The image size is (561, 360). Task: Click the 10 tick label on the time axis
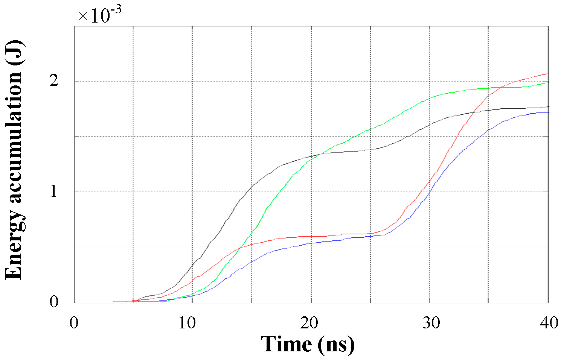click(x=187, y=323)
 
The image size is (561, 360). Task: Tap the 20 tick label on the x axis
click(x=309, y=323)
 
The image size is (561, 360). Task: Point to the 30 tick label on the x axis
click(x=431, y=323)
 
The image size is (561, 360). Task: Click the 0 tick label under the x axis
click(x=75, y=323)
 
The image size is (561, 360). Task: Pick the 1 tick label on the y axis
click(x=54, y=191)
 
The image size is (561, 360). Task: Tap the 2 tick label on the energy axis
click(x=54, y=81)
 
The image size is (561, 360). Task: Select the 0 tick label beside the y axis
click(x=54, y=302)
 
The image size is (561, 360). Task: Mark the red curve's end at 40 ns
click(x=549, y=74)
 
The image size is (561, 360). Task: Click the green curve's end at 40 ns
click(x=549, y=82)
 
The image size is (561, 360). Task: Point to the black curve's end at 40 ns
click(x=549, y=106)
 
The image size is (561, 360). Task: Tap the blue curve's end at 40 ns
click(x=549, y=113)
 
